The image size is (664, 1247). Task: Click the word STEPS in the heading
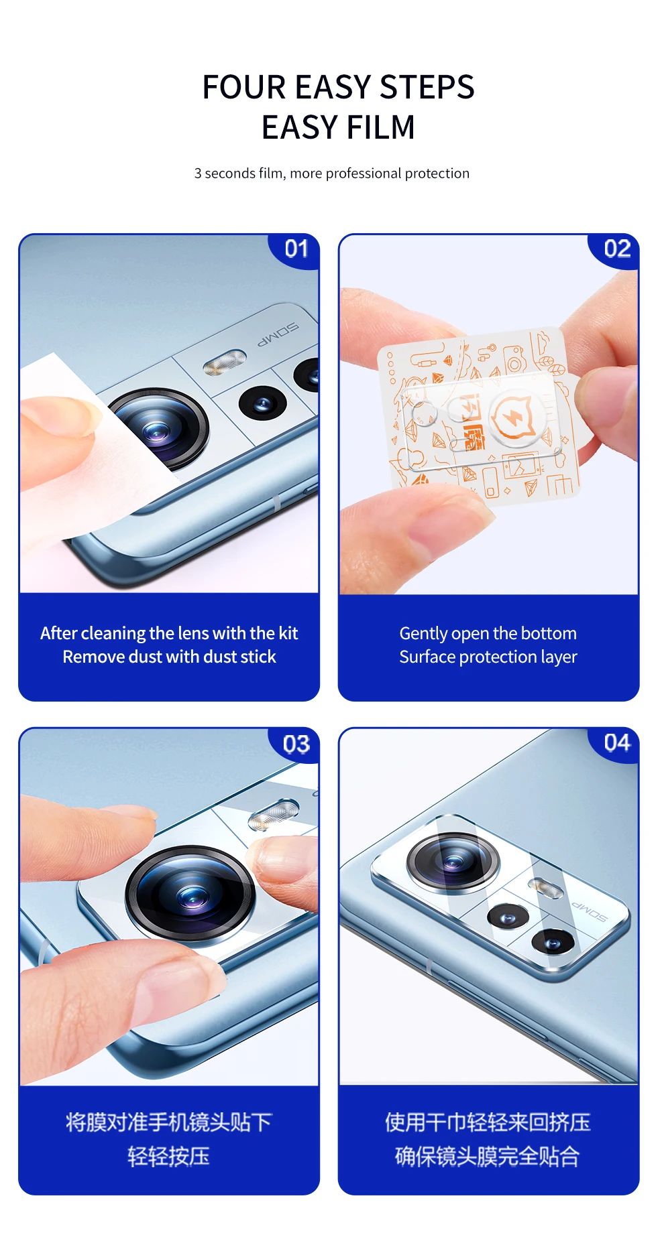[427, 87]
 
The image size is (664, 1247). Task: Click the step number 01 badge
[296, 249]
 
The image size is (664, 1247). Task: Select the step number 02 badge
[616, 249]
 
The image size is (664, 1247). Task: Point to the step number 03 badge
[296, 744]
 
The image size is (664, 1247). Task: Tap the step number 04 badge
[616, 744]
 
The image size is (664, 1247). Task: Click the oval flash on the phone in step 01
[225, 362]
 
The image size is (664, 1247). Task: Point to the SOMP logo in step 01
[278, 334]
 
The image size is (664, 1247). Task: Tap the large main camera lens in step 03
[190, 894]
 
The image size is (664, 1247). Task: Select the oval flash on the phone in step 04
[546, 888]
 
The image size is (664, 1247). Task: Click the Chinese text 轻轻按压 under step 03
[168, 1156]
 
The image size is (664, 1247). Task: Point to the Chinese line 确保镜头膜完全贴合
[487, 1156]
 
